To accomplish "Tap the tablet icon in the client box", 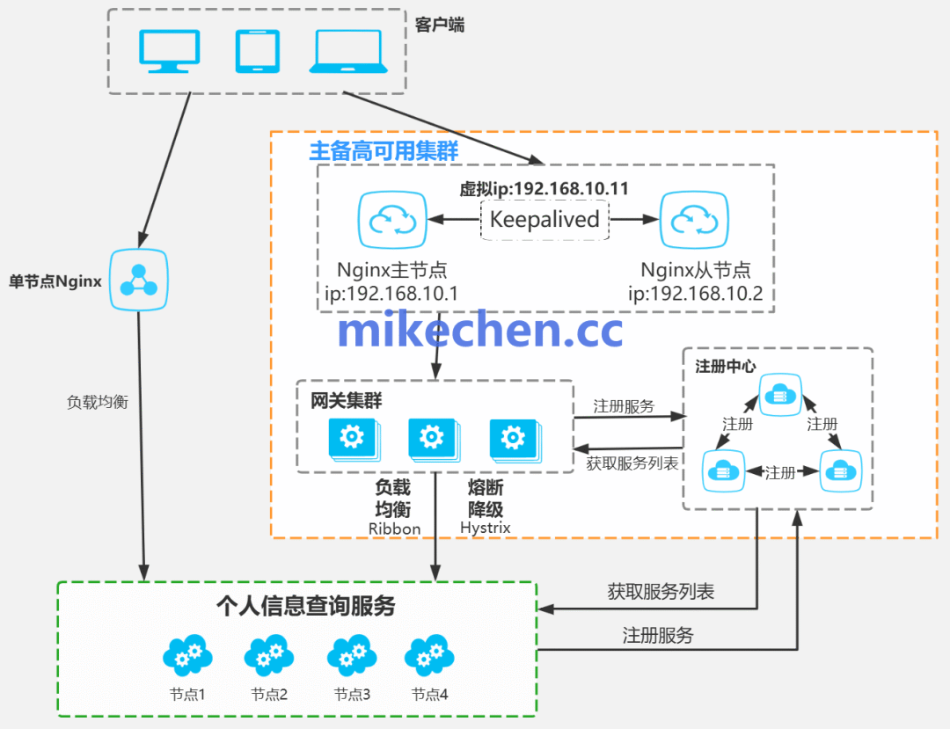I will [258, 51].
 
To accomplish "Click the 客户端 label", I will [439, 26].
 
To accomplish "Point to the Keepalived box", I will [544, 219].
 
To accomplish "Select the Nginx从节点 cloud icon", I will [694, 221].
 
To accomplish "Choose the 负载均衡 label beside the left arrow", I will [98, 402].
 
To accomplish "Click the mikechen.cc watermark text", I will [479, 331].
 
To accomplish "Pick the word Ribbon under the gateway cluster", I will [394, 529].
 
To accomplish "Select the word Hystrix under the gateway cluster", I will [485, 528].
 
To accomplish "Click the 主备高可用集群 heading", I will [384, 150].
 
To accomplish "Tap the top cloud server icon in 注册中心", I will [778, 396].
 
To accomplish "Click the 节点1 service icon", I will [187, 655].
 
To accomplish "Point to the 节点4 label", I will [430, 694].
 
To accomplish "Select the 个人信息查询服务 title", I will [306, 606].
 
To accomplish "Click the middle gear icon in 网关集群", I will [432, 438].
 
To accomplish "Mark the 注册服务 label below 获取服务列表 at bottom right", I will [658, 635].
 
